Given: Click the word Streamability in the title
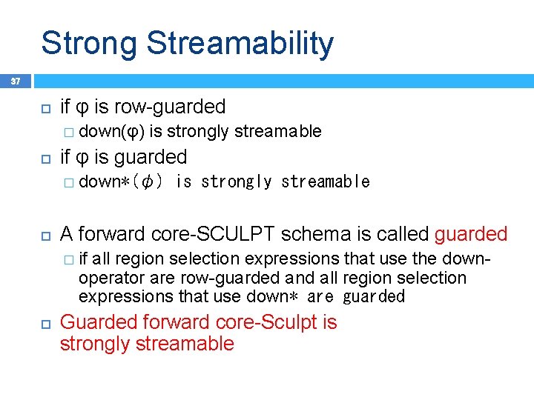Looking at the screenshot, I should [x=240, y=44].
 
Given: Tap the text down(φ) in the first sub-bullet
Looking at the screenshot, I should [x=112, y=132].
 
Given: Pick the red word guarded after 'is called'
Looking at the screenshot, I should [x=471, y=235].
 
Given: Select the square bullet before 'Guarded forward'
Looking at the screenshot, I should [x=44, y=324].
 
